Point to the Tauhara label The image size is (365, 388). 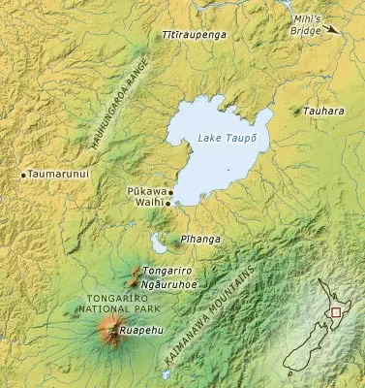(322, 112)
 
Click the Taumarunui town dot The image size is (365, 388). (23, 175)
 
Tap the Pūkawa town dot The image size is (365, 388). (171, 193)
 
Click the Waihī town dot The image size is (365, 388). (167, 204)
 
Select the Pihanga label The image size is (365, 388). (197, 237)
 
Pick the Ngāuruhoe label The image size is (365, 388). (168, 285)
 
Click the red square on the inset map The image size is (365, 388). (335, 312)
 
